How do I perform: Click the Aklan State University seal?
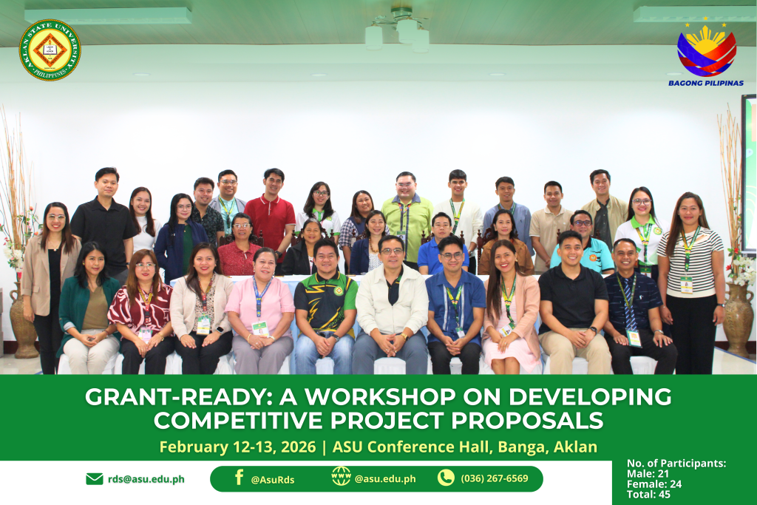(x=50, y=50)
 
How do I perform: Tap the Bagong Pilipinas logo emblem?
(x=706, y=50)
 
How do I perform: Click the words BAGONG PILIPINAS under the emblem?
(x=706, y=83)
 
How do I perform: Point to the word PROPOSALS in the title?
(x=527, y=421)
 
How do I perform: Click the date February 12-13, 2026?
(x=237, y=447)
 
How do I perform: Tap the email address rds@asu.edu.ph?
(x=146, y=479)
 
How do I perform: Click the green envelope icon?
(x=94, y=478)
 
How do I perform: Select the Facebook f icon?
(x=239, y=478)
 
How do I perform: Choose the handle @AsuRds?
(x=273, y=480)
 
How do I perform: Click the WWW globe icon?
(x=341, y=476)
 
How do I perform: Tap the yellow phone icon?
(x=446, y=478)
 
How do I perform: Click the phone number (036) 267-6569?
(x=495, y=478)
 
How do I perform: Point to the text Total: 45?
(x=648, y=495)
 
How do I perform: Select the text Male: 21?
(x=648, y=474)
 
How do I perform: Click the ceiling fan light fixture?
(x=397, y=29)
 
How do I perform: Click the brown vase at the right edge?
(x=738, y=319)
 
